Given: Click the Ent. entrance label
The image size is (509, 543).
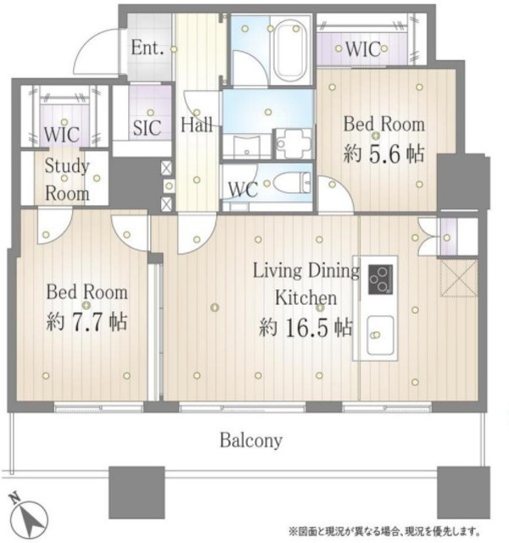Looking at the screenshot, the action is pyautogui.click(x=147, y=48).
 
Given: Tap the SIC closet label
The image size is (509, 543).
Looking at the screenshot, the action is pyautogui.click(x=147, y=127).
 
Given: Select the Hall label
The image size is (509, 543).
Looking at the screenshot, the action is pyautogui.click(x=196, y=125).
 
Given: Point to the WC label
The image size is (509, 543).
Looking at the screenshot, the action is pyautogui.click(x=243, y=189).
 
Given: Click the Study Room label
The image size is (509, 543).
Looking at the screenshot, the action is pyautogui.click(x=67, y=180).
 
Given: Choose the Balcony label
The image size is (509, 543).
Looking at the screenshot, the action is pyautogui.click(x=251, y=440).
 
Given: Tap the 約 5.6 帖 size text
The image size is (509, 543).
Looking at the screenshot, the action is pyautogui.click(x=383, y=154).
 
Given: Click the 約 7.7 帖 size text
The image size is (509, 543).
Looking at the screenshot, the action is pyautogui.click(x=87, y=322).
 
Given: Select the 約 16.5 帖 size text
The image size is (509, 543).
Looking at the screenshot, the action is pyautogui.click(x=305, y=327).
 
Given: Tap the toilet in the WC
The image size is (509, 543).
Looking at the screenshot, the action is pyautogui.click(x=292, y=183).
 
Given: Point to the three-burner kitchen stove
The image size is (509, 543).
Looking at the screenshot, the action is pyautogui.click(x=380, y=279).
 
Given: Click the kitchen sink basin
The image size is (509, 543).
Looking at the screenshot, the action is pyautogui.click(x=380, y=335).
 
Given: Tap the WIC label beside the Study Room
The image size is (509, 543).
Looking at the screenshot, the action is pyautogui.click(x=62, y=135).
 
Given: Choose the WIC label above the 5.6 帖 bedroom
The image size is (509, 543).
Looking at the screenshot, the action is pyautogui.click(x=363, y=49).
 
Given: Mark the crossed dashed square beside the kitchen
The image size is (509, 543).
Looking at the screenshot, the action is pyautogui.click(x=459, y=277).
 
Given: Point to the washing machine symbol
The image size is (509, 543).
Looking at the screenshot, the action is pyautogui.click(x=294, y=143).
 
